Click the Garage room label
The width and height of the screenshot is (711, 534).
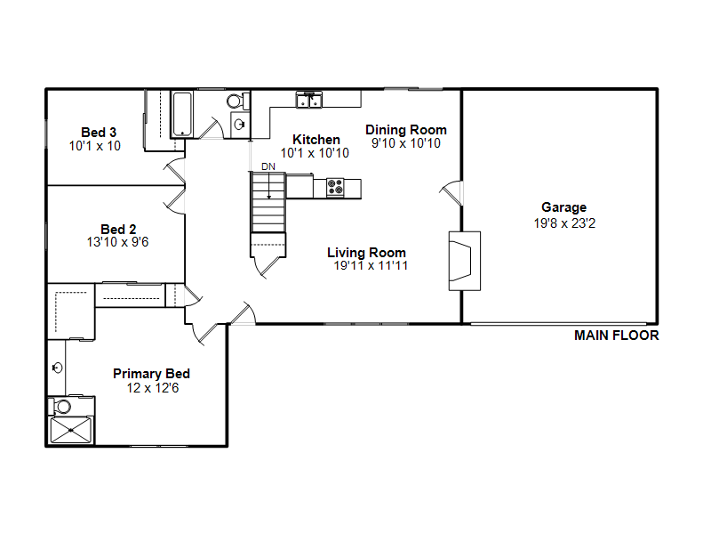pos(563,207)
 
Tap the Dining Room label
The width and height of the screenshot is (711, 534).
pos(406,130)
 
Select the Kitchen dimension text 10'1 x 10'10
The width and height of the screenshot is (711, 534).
pos(315,153)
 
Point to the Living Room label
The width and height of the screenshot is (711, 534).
pos(366,253)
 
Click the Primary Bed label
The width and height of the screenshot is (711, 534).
pos(151,374)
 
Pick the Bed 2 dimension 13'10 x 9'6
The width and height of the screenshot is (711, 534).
pos(117,242)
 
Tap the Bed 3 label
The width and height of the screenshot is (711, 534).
pos(99,133)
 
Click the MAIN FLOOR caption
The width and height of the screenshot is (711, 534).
pos(616,336)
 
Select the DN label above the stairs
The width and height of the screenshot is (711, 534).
pos(268,166)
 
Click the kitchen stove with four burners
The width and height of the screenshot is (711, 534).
pos(335,188)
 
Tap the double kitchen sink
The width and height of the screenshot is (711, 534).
pos(308,100)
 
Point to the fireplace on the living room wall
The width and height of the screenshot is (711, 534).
pos(464,261)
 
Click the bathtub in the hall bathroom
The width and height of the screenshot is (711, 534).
pos(183,114)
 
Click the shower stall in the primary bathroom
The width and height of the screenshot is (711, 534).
pos(70,430)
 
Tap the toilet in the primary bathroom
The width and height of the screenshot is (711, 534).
pos(60,406)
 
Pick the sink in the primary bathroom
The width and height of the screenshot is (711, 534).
pos(58,368)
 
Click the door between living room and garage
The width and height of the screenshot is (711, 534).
pos(451,193)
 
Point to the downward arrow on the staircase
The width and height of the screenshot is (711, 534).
pos(269,185)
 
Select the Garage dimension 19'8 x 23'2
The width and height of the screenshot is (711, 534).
pos(564,223)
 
